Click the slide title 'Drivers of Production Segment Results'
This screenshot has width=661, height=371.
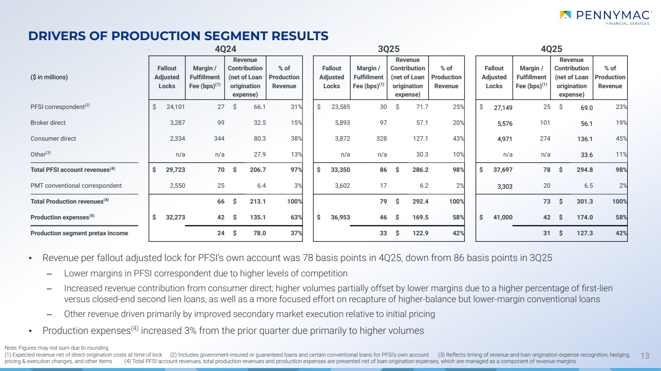(x=178, y=36)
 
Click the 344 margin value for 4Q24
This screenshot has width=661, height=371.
(x=219, y=139)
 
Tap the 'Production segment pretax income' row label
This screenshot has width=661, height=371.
(x=79, y=233)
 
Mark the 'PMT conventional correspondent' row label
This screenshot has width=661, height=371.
(x=76, y=186)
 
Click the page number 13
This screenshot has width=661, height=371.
(x=645, y=355)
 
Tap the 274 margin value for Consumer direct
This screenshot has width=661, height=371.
(x=544, y=139)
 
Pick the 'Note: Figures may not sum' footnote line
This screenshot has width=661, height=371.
(x=56, y=348)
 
